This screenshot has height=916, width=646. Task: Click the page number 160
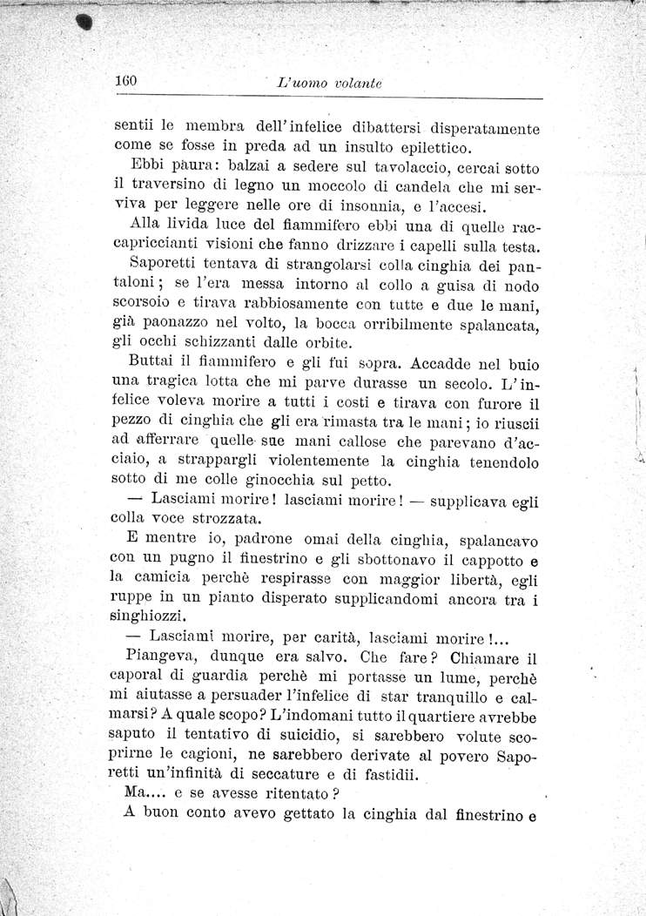pos(127,81)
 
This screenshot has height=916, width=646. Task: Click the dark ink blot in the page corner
pos(86,23)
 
